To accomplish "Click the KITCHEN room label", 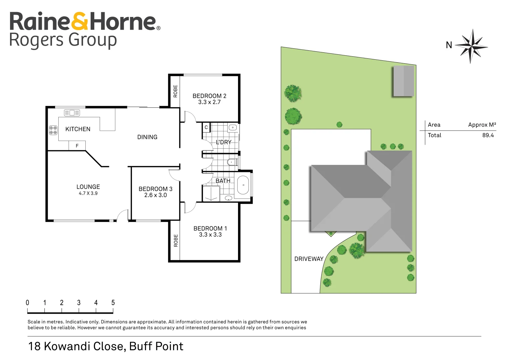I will tap(78, 129).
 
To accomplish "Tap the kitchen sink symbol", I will tap(72, 113).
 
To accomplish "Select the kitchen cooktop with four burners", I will tap(53, 130).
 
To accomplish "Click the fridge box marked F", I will tap(77, 146).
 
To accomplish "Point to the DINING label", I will tap(147, 137).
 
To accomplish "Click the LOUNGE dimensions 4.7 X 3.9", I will tap(88, 193).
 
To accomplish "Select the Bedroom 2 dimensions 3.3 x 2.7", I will tap(209, 102).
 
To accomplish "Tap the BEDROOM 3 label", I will tap(155, 189).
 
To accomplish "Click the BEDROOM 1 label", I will tap(210, 228).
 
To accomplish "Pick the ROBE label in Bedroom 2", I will tap(175, 91).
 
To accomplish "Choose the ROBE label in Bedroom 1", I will tap(176, 241).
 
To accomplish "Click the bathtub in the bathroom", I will tap(243, 185).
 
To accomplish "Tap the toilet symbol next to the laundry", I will tap(231, 162).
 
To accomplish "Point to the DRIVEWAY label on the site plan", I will tap(309, 259).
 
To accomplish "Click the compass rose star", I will tap(471, 46).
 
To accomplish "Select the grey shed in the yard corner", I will tap(404, 81).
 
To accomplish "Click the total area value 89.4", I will tap(488, 135).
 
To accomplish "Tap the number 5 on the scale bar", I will tap(113, 303).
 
